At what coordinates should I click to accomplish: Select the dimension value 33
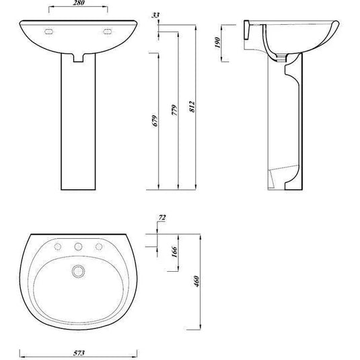[156, 14]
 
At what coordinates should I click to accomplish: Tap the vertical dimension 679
[154, 121]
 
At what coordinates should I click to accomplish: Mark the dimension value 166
[174, 253]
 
